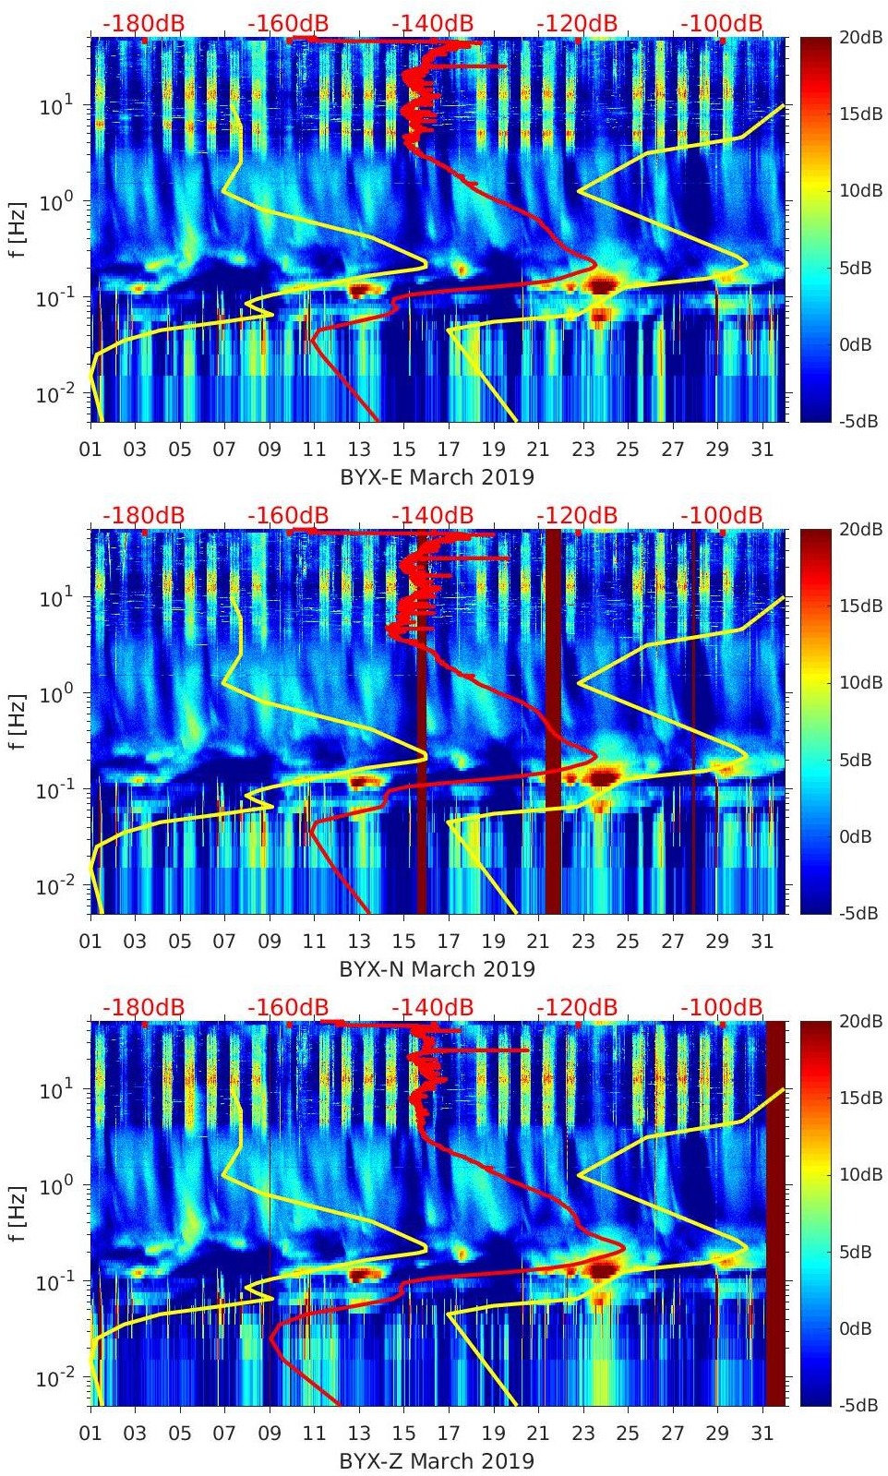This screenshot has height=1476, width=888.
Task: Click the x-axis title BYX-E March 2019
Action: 437,477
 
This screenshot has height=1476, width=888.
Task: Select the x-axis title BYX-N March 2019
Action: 437,969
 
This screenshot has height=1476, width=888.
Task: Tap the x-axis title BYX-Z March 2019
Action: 437,1461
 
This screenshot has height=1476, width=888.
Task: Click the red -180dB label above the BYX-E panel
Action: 143,23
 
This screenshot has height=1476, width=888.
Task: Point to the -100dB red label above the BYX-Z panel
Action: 721,1007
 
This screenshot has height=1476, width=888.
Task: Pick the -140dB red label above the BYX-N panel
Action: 432,515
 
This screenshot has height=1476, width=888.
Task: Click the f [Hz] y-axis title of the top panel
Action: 18,229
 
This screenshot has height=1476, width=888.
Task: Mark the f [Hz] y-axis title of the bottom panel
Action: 18,1213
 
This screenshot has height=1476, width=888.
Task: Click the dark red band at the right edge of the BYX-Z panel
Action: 775,1213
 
